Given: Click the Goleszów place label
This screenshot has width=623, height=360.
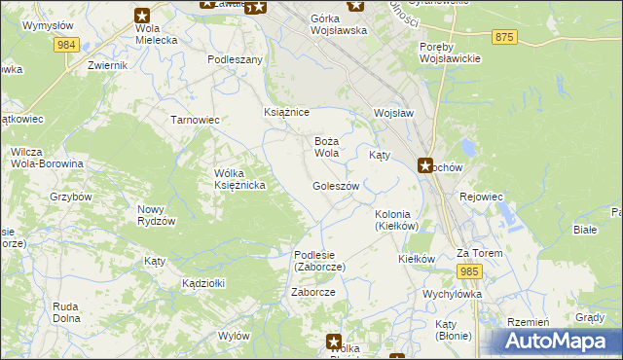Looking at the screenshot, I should (336, 186).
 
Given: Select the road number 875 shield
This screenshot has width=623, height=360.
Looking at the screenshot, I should (503, 36).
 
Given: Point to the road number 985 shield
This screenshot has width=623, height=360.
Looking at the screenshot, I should (471, 271).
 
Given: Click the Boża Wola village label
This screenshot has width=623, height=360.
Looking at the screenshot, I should (326, 147).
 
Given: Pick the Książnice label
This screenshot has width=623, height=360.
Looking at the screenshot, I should (286, 112).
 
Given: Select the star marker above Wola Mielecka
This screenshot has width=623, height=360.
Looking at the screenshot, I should (142, 15).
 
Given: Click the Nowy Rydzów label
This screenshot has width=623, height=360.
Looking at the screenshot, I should (156, 215).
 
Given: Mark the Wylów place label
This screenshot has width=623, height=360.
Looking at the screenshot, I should (234, 335).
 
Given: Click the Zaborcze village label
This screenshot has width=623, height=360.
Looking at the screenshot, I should (313, 292).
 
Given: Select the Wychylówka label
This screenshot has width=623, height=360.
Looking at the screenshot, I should (452, 293).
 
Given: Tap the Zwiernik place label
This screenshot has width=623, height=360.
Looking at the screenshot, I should (107, 65).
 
